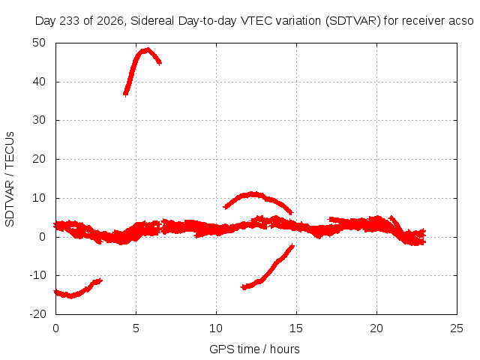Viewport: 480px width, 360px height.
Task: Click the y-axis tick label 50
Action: coord(39,43)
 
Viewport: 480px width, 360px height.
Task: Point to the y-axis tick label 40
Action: coord(39,82)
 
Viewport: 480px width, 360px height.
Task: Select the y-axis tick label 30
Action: coord(39,120)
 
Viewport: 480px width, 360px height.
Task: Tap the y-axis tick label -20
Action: coord(37,314)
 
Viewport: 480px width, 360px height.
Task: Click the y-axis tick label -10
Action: coord(37,275)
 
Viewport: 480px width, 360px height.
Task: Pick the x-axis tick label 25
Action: coord(457,328)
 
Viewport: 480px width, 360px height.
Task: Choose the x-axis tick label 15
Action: coord(296,328)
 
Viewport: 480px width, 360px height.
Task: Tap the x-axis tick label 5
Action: coord(136,328)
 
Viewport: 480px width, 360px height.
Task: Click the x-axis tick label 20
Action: coord(376,328)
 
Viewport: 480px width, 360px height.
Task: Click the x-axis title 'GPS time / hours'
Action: coord(254,349)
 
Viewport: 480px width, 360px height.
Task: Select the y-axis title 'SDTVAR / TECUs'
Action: coord(10,179)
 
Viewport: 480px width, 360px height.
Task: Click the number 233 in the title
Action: coord(69,21)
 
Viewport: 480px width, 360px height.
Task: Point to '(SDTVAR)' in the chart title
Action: coord(353,21)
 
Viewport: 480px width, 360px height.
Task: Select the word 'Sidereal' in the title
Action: coord(152,21)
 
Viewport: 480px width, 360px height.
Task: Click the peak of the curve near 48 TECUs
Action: coord(148,49)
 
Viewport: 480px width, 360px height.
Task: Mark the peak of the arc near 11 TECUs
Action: coord(253,193)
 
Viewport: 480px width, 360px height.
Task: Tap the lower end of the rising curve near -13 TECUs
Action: coord(243,287)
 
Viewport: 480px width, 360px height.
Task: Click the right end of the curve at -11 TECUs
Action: coord(101,280)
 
